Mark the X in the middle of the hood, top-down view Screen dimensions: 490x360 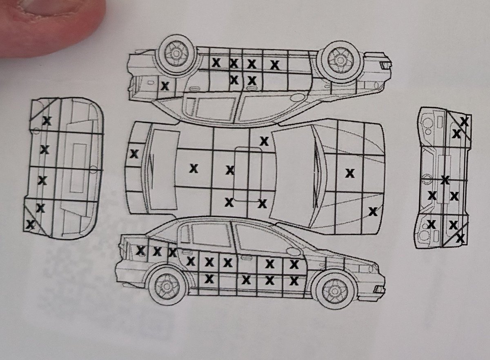point(350,174)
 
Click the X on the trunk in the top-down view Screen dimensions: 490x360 point(134,154)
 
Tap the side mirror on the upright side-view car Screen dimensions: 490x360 point(293,251)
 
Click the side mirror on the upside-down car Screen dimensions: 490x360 point(297,97)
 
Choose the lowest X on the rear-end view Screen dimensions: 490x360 point(30,224)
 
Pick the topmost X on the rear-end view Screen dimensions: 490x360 point(47,121)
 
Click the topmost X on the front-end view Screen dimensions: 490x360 point(464,122)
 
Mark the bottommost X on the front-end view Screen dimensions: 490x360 point(460,238)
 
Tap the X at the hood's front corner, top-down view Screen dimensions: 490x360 point(373,212)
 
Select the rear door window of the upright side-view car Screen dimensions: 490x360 point(211,235)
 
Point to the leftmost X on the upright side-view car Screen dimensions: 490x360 point(141,250)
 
